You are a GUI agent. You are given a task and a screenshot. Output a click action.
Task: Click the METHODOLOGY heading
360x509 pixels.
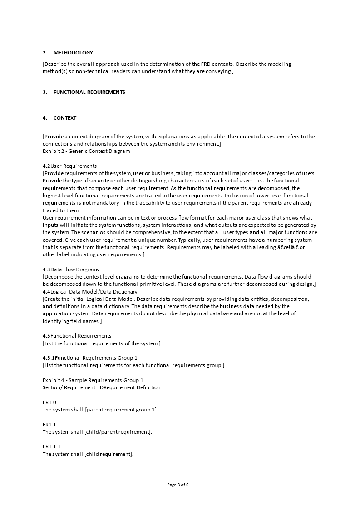tap(73, 53)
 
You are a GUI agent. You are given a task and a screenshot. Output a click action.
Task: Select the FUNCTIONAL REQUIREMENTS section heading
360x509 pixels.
tap(89, 92)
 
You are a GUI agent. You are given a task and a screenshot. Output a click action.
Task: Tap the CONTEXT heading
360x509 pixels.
tap(65, 118)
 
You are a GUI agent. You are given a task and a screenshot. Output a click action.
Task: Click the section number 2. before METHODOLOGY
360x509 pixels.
tap(45, 53)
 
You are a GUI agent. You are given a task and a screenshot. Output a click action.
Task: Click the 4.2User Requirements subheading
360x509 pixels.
tap(69, 166)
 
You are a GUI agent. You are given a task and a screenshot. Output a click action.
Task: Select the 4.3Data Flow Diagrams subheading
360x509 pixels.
tap(71, 269)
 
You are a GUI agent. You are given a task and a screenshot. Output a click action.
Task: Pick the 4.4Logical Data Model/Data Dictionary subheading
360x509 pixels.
tap(90, 291)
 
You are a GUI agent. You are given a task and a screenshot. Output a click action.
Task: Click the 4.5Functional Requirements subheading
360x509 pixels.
tap(77, 336)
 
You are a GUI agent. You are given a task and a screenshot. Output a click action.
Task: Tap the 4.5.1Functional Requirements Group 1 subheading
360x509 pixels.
tap(90, 358)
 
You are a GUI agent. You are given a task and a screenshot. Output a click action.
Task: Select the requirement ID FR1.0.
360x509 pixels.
tap(50, 402)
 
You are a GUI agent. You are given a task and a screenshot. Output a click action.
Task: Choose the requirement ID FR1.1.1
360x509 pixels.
tap(52, 446)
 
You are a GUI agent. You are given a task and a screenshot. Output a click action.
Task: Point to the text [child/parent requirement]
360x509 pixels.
tap(118, 432)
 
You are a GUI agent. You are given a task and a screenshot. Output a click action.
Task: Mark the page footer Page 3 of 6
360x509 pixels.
tap(178, 485)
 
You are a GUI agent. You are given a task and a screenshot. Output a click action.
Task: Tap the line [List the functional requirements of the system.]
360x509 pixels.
tap(102, 343)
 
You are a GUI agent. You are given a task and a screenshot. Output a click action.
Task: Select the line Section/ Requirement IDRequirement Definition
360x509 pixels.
tap(101, 387)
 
